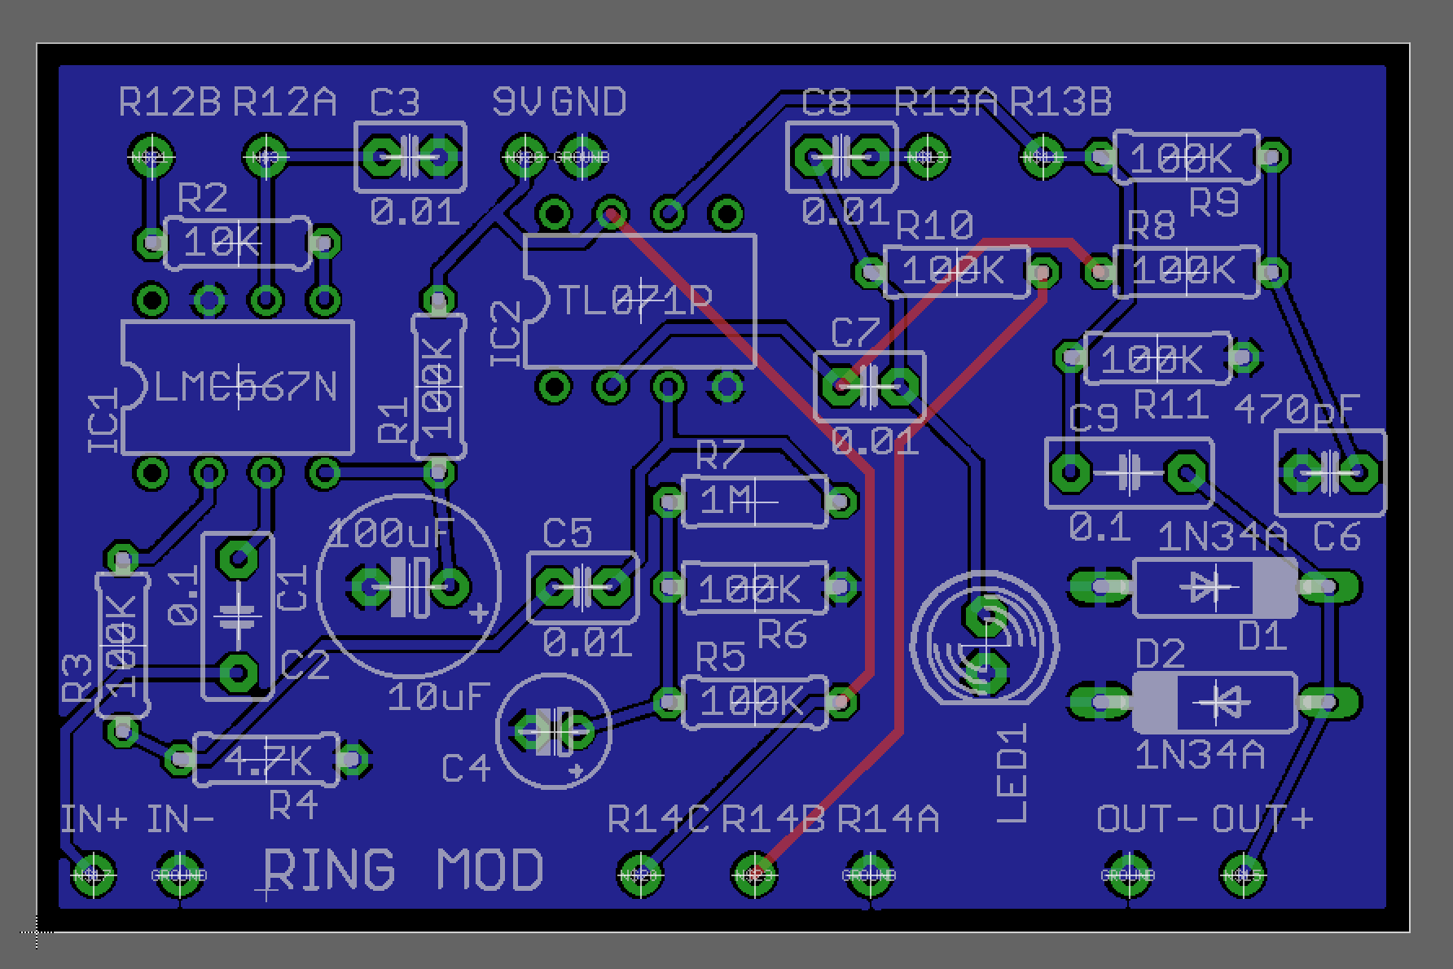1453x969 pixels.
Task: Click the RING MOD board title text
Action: click(403, 869)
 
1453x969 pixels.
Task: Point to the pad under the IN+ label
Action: click(92, 875)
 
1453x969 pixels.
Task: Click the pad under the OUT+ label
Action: click(1243, 875)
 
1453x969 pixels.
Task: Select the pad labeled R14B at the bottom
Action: click(754, 875)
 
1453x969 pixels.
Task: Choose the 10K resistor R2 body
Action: click(237, 243)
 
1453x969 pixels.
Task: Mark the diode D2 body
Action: click(1214, 702)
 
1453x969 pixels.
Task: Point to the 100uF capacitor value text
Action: click(390, 535)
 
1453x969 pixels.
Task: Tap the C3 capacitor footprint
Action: click(410, 156)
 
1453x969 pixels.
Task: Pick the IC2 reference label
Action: click(506, 334)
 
